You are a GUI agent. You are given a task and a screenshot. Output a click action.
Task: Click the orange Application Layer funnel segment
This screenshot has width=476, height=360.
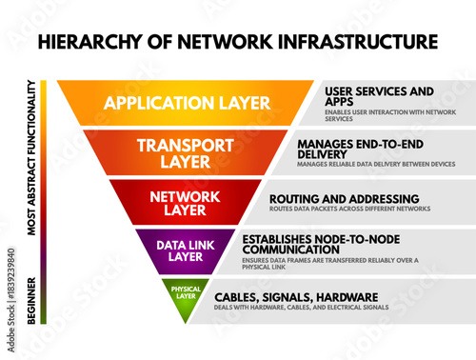pyautogui.click(x=186, y=103)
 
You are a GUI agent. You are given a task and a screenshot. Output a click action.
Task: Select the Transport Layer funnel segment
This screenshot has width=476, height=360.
pyautogui.click(x=186, y=152)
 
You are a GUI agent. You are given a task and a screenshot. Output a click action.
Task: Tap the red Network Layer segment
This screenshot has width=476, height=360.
pyautogui.click(x=186, y=202)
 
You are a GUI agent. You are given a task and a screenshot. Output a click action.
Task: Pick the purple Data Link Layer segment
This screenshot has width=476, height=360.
pyautogui.click(x=186, y=250)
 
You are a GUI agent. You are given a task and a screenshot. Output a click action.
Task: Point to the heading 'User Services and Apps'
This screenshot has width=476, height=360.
pyautogui.click(x=366, y=97)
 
